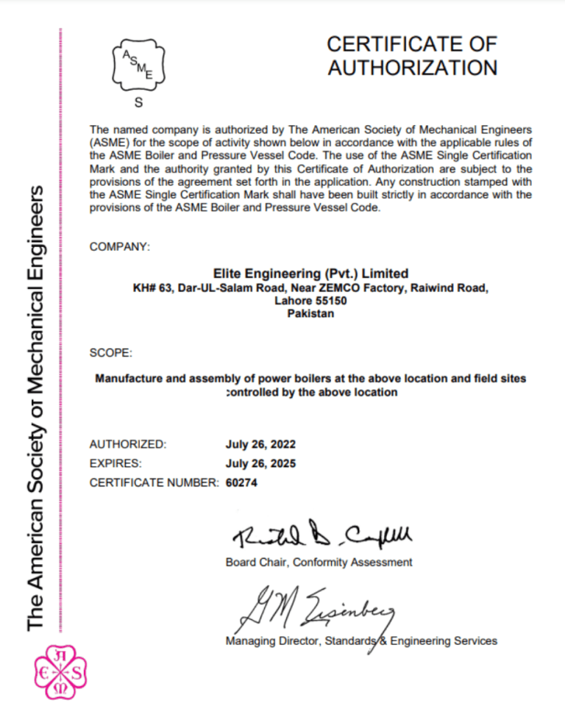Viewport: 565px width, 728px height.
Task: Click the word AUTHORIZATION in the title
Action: (x=412, y=68)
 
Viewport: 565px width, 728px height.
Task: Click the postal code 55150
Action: (x=331, y=300)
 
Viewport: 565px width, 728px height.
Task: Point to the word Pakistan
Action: (x=309, y=313)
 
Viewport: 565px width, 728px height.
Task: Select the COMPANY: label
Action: (x=119, y=247)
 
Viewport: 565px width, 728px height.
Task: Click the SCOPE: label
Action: (x=110, y=353)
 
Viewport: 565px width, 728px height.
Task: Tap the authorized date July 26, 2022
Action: (x=260, y=444)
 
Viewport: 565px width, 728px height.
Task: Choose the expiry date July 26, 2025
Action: (x=260, y=463)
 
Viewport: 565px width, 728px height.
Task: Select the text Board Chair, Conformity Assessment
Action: (x=318, y=563)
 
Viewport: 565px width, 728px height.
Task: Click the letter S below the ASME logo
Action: (x=138, y=102)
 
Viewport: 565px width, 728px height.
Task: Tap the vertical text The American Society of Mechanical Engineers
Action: (x=37, y=409)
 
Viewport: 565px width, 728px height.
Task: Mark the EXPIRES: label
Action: (x=116, y=463)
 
